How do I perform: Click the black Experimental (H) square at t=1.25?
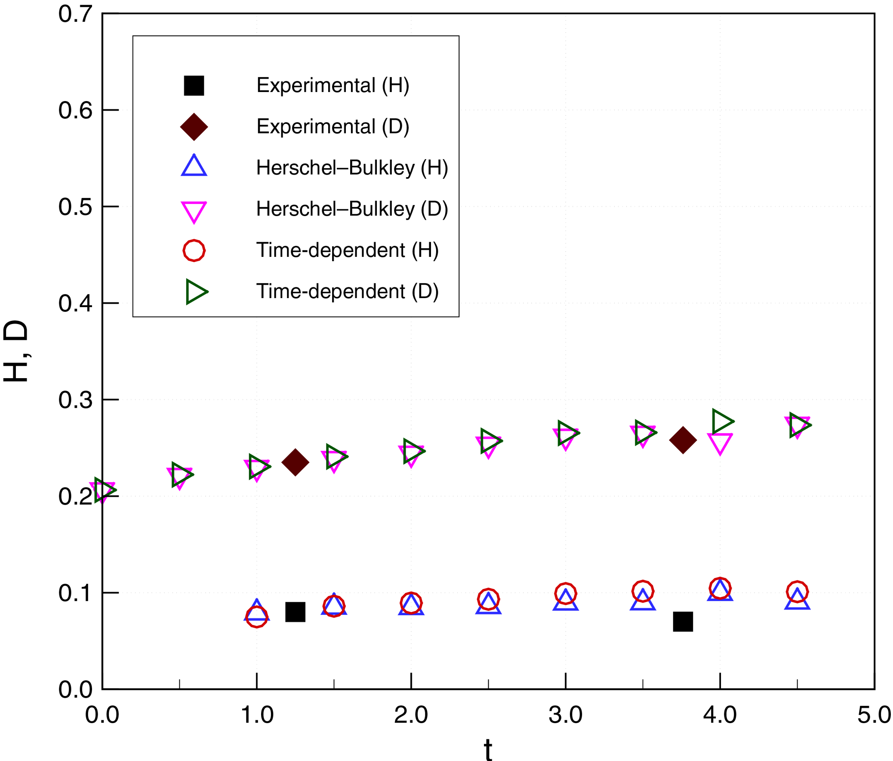(x=295, y=612)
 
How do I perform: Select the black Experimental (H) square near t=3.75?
(x=683, y=621)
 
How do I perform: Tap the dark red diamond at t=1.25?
(x=295, y=462)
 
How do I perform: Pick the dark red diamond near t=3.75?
(x=683, y=440)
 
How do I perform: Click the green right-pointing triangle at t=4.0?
(x=721, y=421)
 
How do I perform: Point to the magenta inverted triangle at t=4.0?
(x=720, y=443)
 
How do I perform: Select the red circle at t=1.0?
(x=256, y=616)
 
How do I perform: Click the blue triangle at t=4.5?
(x=797, y=599)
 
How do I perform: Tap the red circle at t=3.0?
(x=566, y=593)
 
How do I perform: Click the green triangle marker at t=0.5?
(x=181, y=474)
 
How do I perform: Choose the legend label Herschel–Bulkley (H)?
(x=352, y=168)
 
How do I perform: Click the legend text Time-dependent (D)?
(x=347, y=291)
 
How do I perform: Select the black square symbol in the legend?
(x=194, y=85)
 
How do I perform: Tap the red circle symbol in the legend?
(x=194, y=250)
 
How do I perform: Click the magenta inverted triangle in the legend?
(x=194, y=211)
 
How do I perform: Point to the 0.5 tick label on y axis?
(x=75, y=207)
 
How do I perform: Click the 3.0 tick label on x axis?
(x=566, y=715)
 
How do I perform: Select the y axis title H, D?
(x=15, y=351)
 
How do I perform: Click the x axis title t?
(x=488, y=750)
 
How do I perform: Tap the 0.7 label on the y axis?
(x=75, y=14)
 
